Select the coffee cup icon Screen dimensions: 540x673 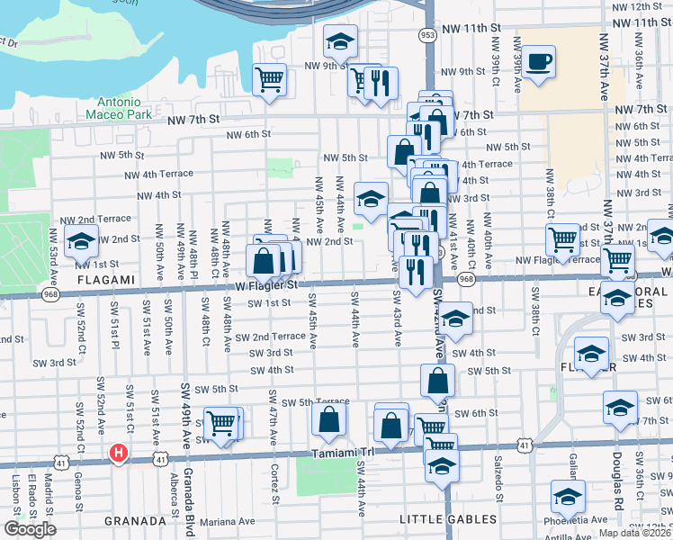(539, 63)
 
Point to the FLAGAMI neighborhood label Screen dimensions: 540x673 (83, 279)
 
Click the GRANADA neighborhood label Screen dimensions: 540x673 (136, 520)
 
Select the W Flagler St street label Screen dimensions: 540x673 (268, 285)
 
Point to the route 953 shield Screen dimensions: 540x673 (427, 34)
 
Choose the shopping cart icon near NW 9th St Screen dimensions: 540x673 (270, 78)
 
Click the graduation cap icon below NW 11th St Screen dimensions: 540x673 (341, 40)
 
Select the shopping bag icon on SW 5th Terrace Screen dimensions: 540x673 (329, 418)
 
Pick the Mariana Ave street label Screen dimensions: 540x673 (229, 520)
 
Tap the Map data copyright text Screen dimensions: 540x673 (635, 533)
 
